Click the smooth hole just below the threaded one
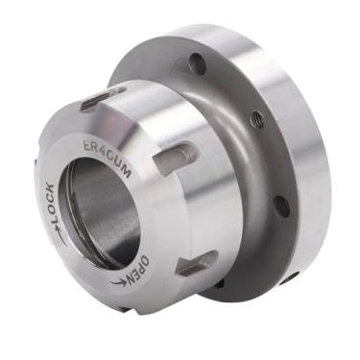279,205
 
